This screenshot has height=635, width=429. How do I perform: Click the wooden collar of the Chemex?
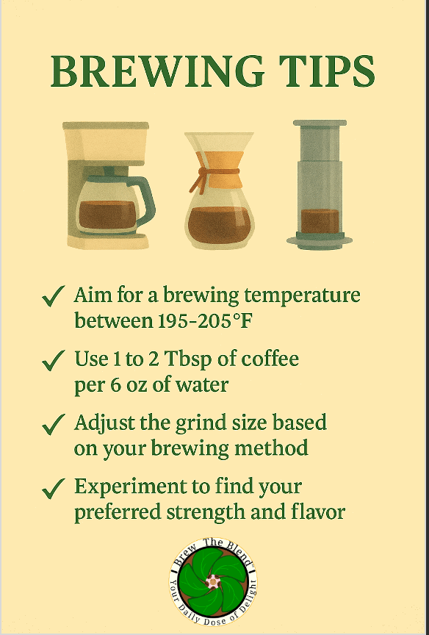click(219, 170)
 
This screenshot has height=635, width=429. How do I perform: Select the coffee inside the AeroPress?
click(320, 221)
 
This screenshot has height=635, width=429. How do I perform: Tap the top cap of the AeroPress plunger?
click(320, 123)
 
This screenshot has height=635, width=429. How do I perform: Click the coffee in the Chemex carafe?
click(219, 225)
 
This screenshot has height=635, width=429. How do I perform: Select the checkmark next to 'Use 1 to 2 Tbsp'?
click(53, 359)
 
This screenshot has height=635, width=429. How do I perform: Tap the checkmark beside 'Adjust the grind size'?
click(53, 423)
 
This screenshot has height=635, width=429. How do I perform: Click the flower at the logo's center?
click(213, 582)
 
